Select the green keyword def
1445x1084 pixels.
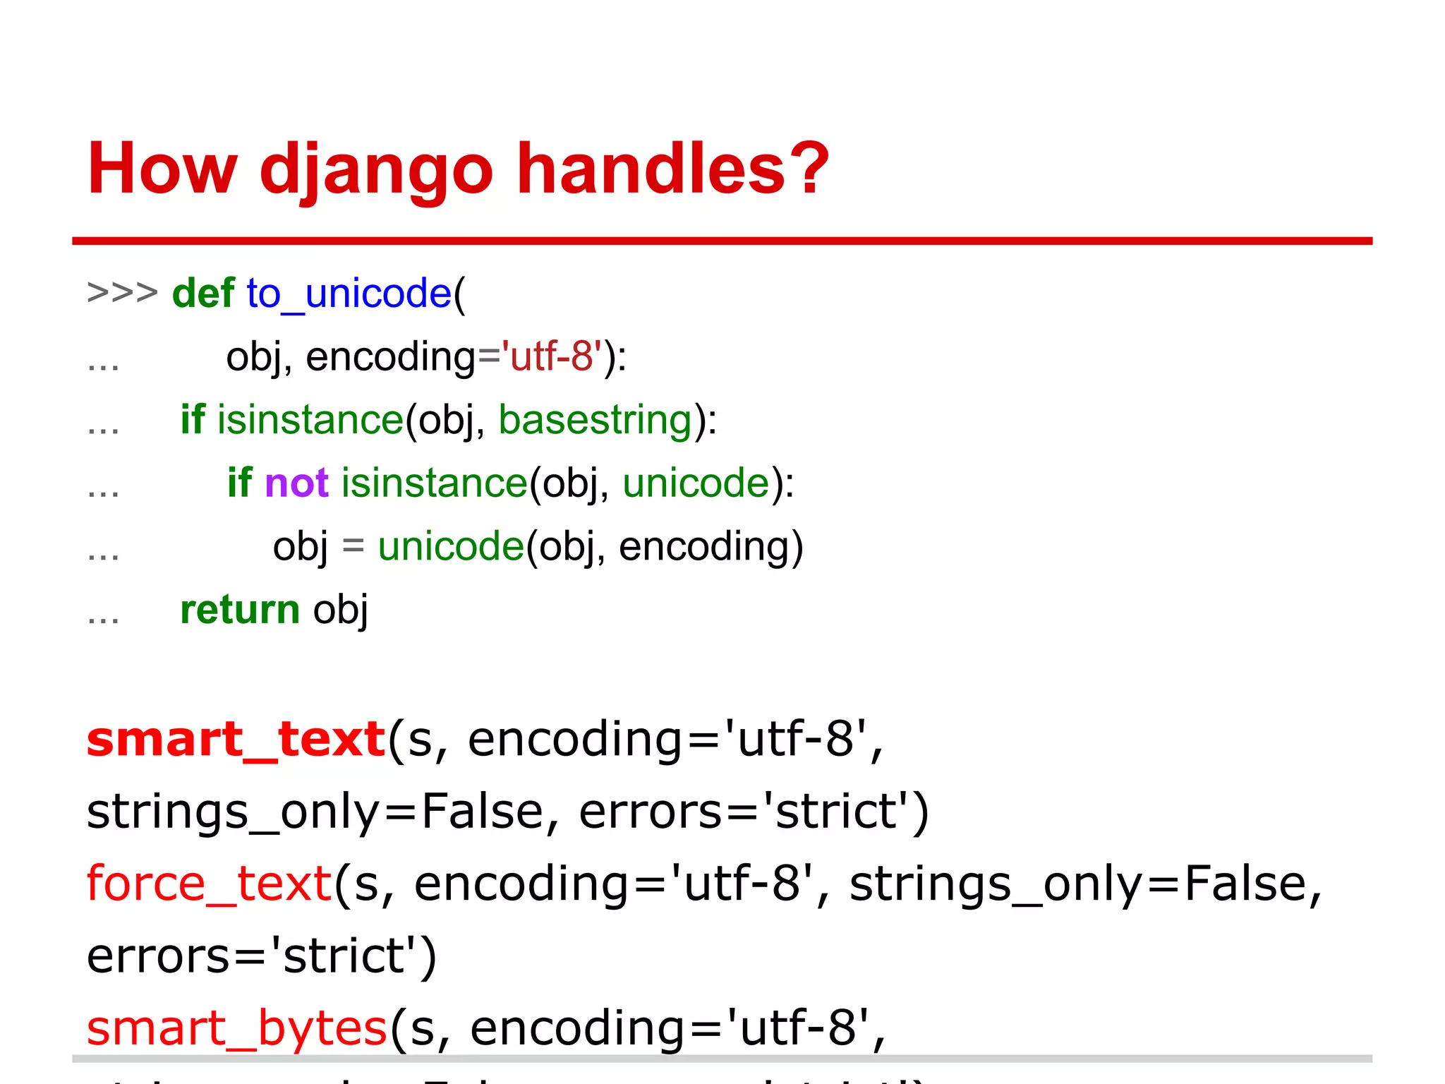(x=203, y=293)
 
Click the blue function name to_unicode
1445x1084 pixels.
(x=349, y=294)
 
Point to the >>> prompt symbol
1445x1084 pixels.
(x=122, y=292)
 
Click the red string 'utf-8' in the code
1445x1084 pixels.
(x=551, y=356)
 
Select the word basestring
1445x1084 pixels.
(x=595, y=420)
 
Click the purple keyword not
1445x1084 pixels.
(x=296, y=483)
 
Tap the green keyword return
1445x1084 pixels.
(x=240, y=610)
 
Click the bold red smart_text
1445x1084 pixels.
(x=236, y=740)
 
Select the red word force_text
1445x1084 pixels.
(x=209, y=884)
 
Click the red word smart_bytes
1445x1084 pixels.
(x=236, y=1028)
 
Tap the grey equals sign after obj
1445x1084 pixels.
(x=353, y=546)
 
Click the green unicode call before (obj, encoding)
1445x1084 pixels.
(x=450, y=547)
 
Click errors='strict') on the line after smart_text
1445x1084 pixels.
(x=754, y=812)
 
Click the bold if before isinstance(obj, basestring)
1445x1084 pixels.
(x=192, y=420)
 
